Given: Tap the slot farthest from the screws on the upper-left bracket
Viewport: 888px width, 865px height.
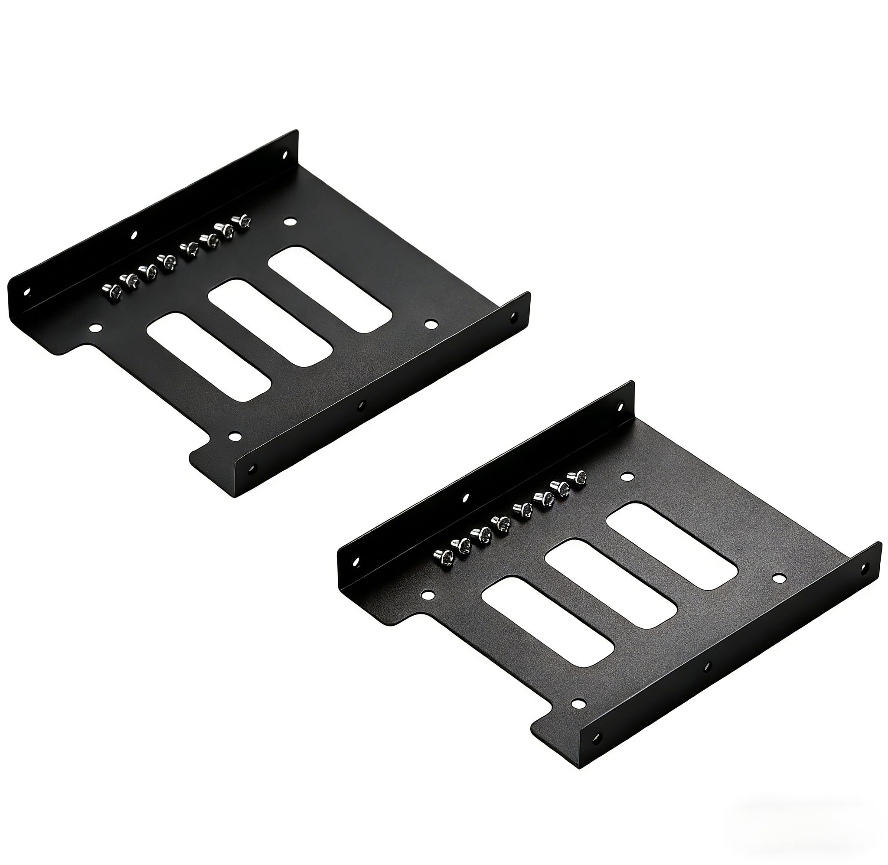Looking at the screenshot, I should coord(209,357).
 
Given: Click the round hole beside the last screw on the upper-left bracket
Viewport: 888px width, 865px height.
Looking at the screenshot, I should coord(289,222).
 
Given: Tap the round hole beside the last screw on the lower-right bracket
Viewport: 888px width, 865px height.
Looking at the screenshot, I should coord(627,477).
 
